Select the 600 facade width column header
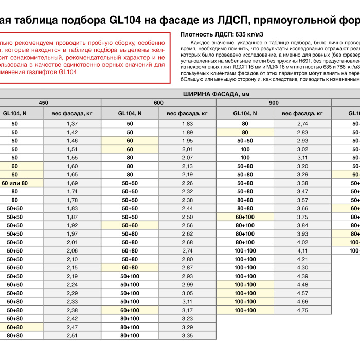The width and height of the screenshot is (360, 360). pos(158,103)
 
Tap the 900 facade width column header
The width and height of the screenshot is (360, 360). pos(274,103)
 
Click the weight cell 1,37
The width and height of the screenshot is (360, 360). pos(72,124)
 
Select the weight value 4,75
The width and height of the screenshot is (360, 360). pos(302,310)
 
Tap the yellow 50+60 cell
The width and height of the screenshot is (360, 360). pos(130,225)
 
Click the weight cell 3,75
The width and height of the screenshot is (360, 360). pos(302,217)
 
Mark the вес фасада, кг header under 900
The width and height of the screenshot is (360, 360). pos(302,113)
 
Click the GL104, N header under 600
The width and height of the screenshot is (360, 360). pos(130,113)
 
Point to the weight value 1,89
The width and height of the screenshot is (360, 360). pos(187,132)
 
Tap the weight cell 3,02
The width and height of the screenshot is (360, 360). pos(302,149)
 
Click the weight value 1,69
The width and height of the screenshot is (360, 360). pos(72,183)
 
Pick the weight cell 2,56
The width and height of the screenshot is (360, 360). pos(187,225)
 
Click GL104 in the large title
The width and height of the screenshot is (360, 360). pos(123,20)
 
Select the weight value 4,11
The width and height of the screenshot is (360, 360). pos(302,250)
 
